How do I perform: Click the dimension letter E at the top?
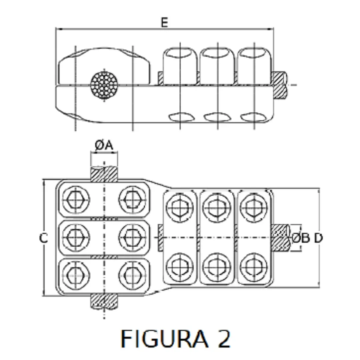(x=164, y=23)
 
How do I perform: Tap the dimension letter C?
(x=44, y=238)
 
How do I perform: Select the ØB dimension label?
(x=301, y=238)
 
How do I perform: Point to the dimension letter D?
(x=319, y=238)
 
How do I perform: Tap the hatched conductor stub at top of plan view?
(x=104, y=174)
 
